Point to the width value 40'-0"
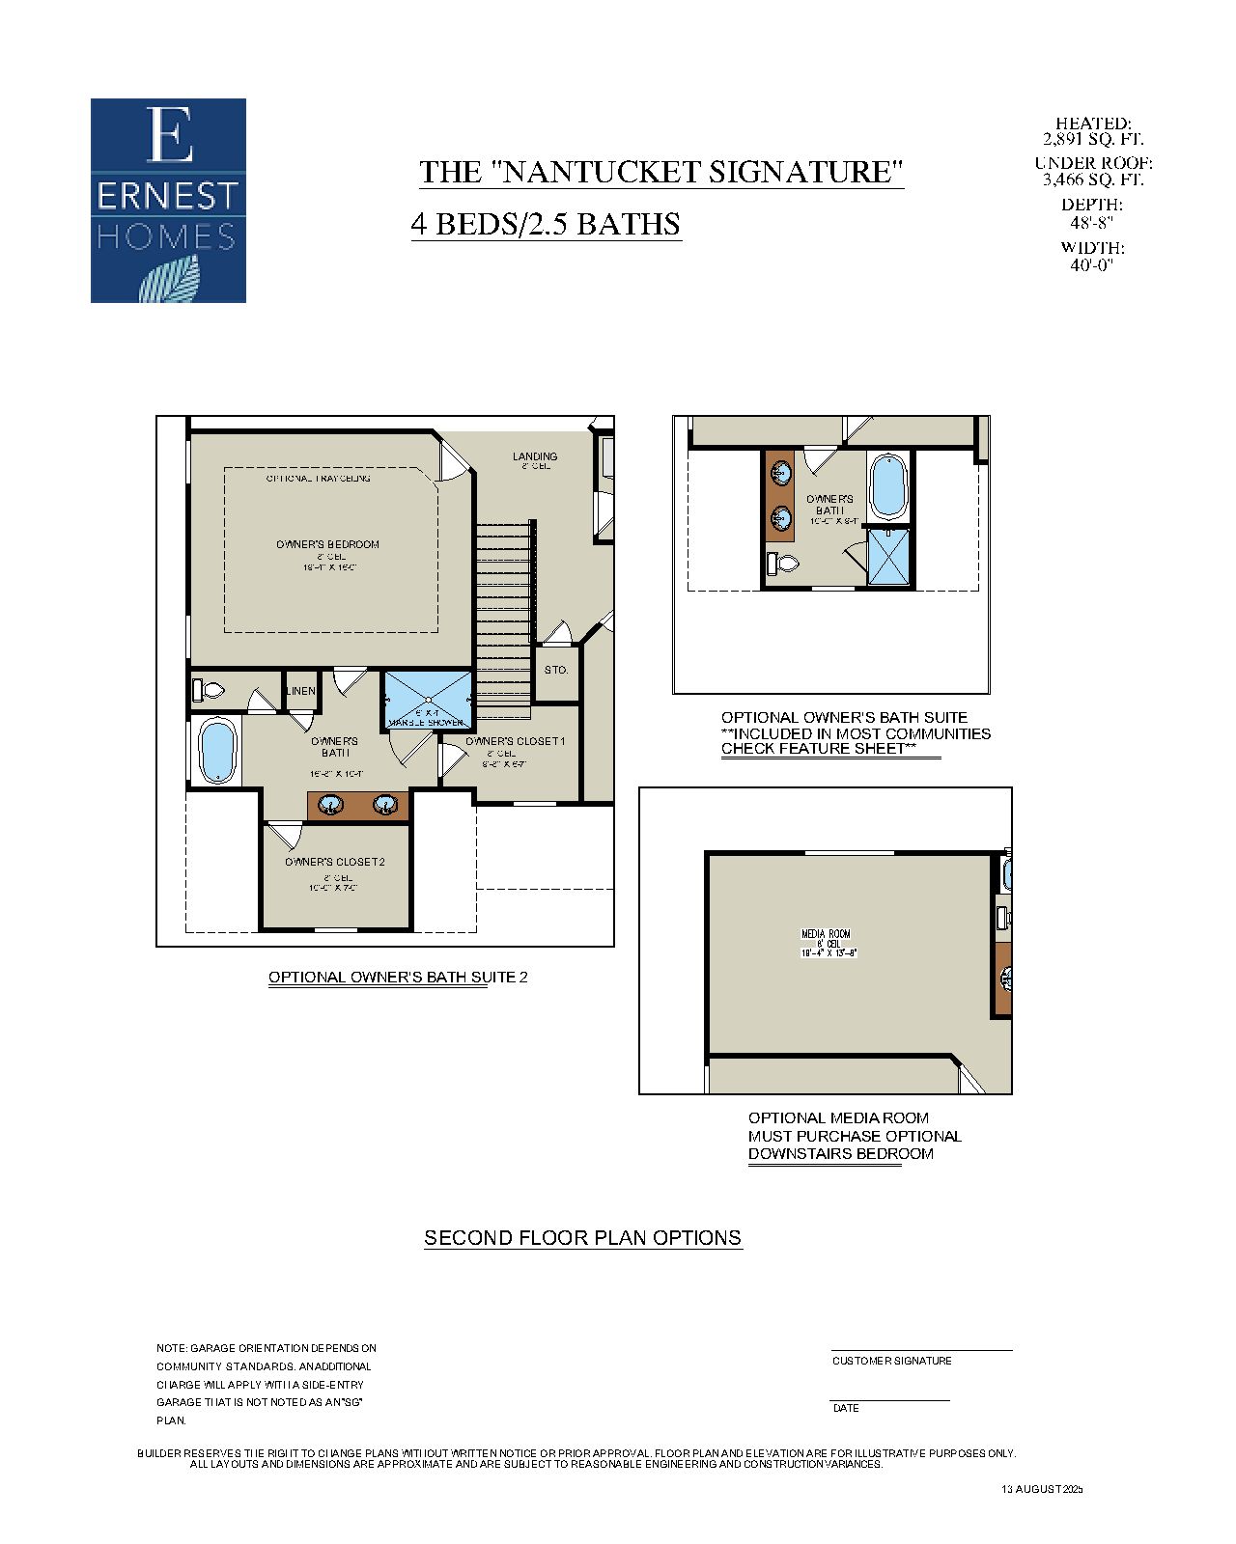(x=1092, y=265)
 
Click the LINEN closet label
(x=300, y=691)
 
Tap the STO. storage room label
(x=555, y=670)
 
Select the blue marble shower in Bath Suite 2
(x=429, y=700)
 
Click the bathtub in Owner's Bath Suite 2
(x=217, y=752)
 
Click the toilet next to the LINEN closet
(x=208, y=690)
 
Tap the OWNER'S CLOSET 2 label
(x=334, y=862)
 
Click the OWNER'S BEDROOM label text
(x=327, y=544)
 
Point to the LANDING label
(x=534, y=456)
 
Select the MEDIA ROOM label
(x=826, y=934)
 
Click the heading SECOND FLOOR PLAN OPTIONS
(x=582, y=1238)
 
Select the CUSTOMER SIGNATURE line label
(x=891, y=1361)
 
